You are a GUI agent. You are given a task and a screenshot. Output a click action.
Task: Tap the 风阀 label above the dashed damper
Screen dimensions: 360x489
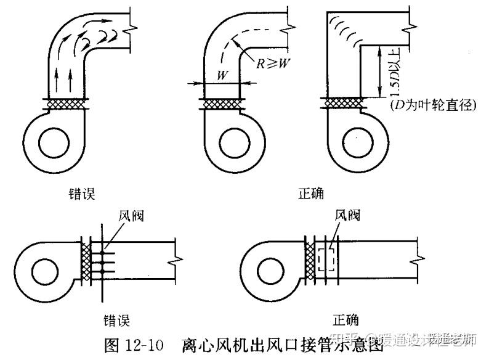(346, 215)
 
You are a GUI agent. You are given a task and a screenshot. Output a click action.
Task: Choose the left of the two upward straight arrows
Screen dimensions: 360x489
(57, 80)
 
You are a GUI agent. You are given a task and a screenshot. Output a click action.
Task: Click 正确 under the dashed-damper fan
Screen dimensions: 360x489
(346, 319)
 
